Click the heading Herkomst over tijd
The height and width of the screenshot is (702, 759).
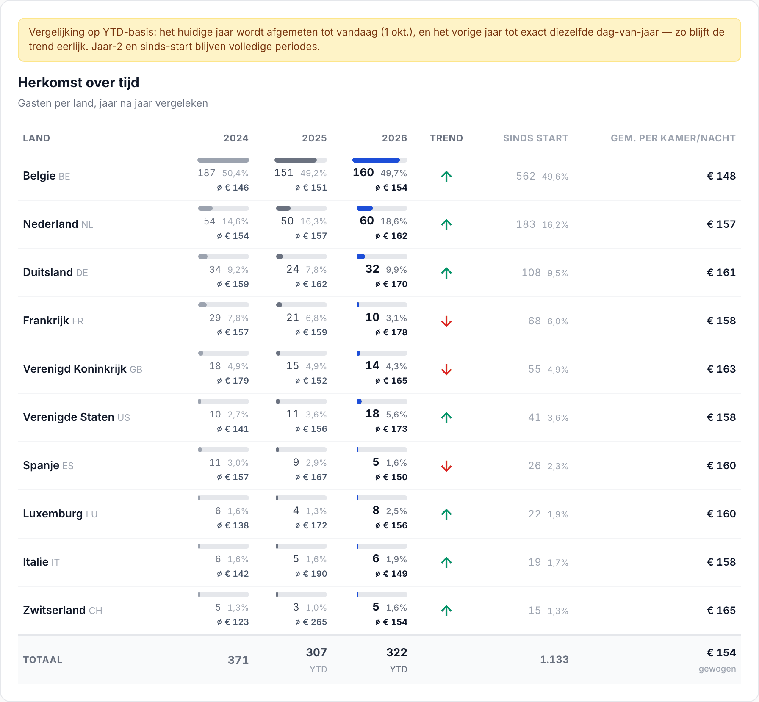(78, 83)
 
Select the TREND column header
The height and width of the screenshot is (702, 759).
(446, 138)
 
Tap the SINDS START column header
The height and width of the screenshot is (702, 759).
(535, 138)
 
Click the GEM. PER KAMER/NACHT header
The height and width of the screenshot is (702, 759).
(673, 138)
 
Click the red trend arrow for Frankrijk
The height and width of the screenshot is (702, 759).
(446, 321)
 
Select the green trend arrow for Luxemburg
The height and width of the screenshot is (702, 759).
(446, 514)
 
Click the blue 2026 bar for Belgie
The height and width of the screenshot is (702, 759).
(376, 160)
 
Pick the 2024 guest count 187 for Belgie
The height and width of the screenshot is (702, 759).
(206, 173)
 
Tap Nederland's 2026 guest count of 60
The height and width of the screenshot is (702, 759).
(367, 221)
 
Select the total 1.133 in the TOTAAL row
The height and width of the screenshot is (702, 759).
(554, 659)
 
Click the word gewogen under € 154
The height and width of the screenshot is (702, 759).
(717, 669)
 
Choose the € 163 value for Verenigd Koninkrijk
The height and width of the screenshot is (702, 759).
(721, 369)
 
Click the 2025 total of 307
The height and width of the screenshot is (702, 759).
(316, 652)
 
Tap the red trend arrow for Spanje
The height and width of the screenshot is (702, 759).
(446, 466)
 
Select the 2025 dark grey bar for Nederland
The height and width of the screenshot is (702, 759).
(283, 208)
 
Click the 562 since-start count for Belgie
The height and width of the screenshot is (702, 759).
(526, 176)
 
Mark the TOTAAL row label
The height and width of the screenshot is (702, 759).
(42, 660)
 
